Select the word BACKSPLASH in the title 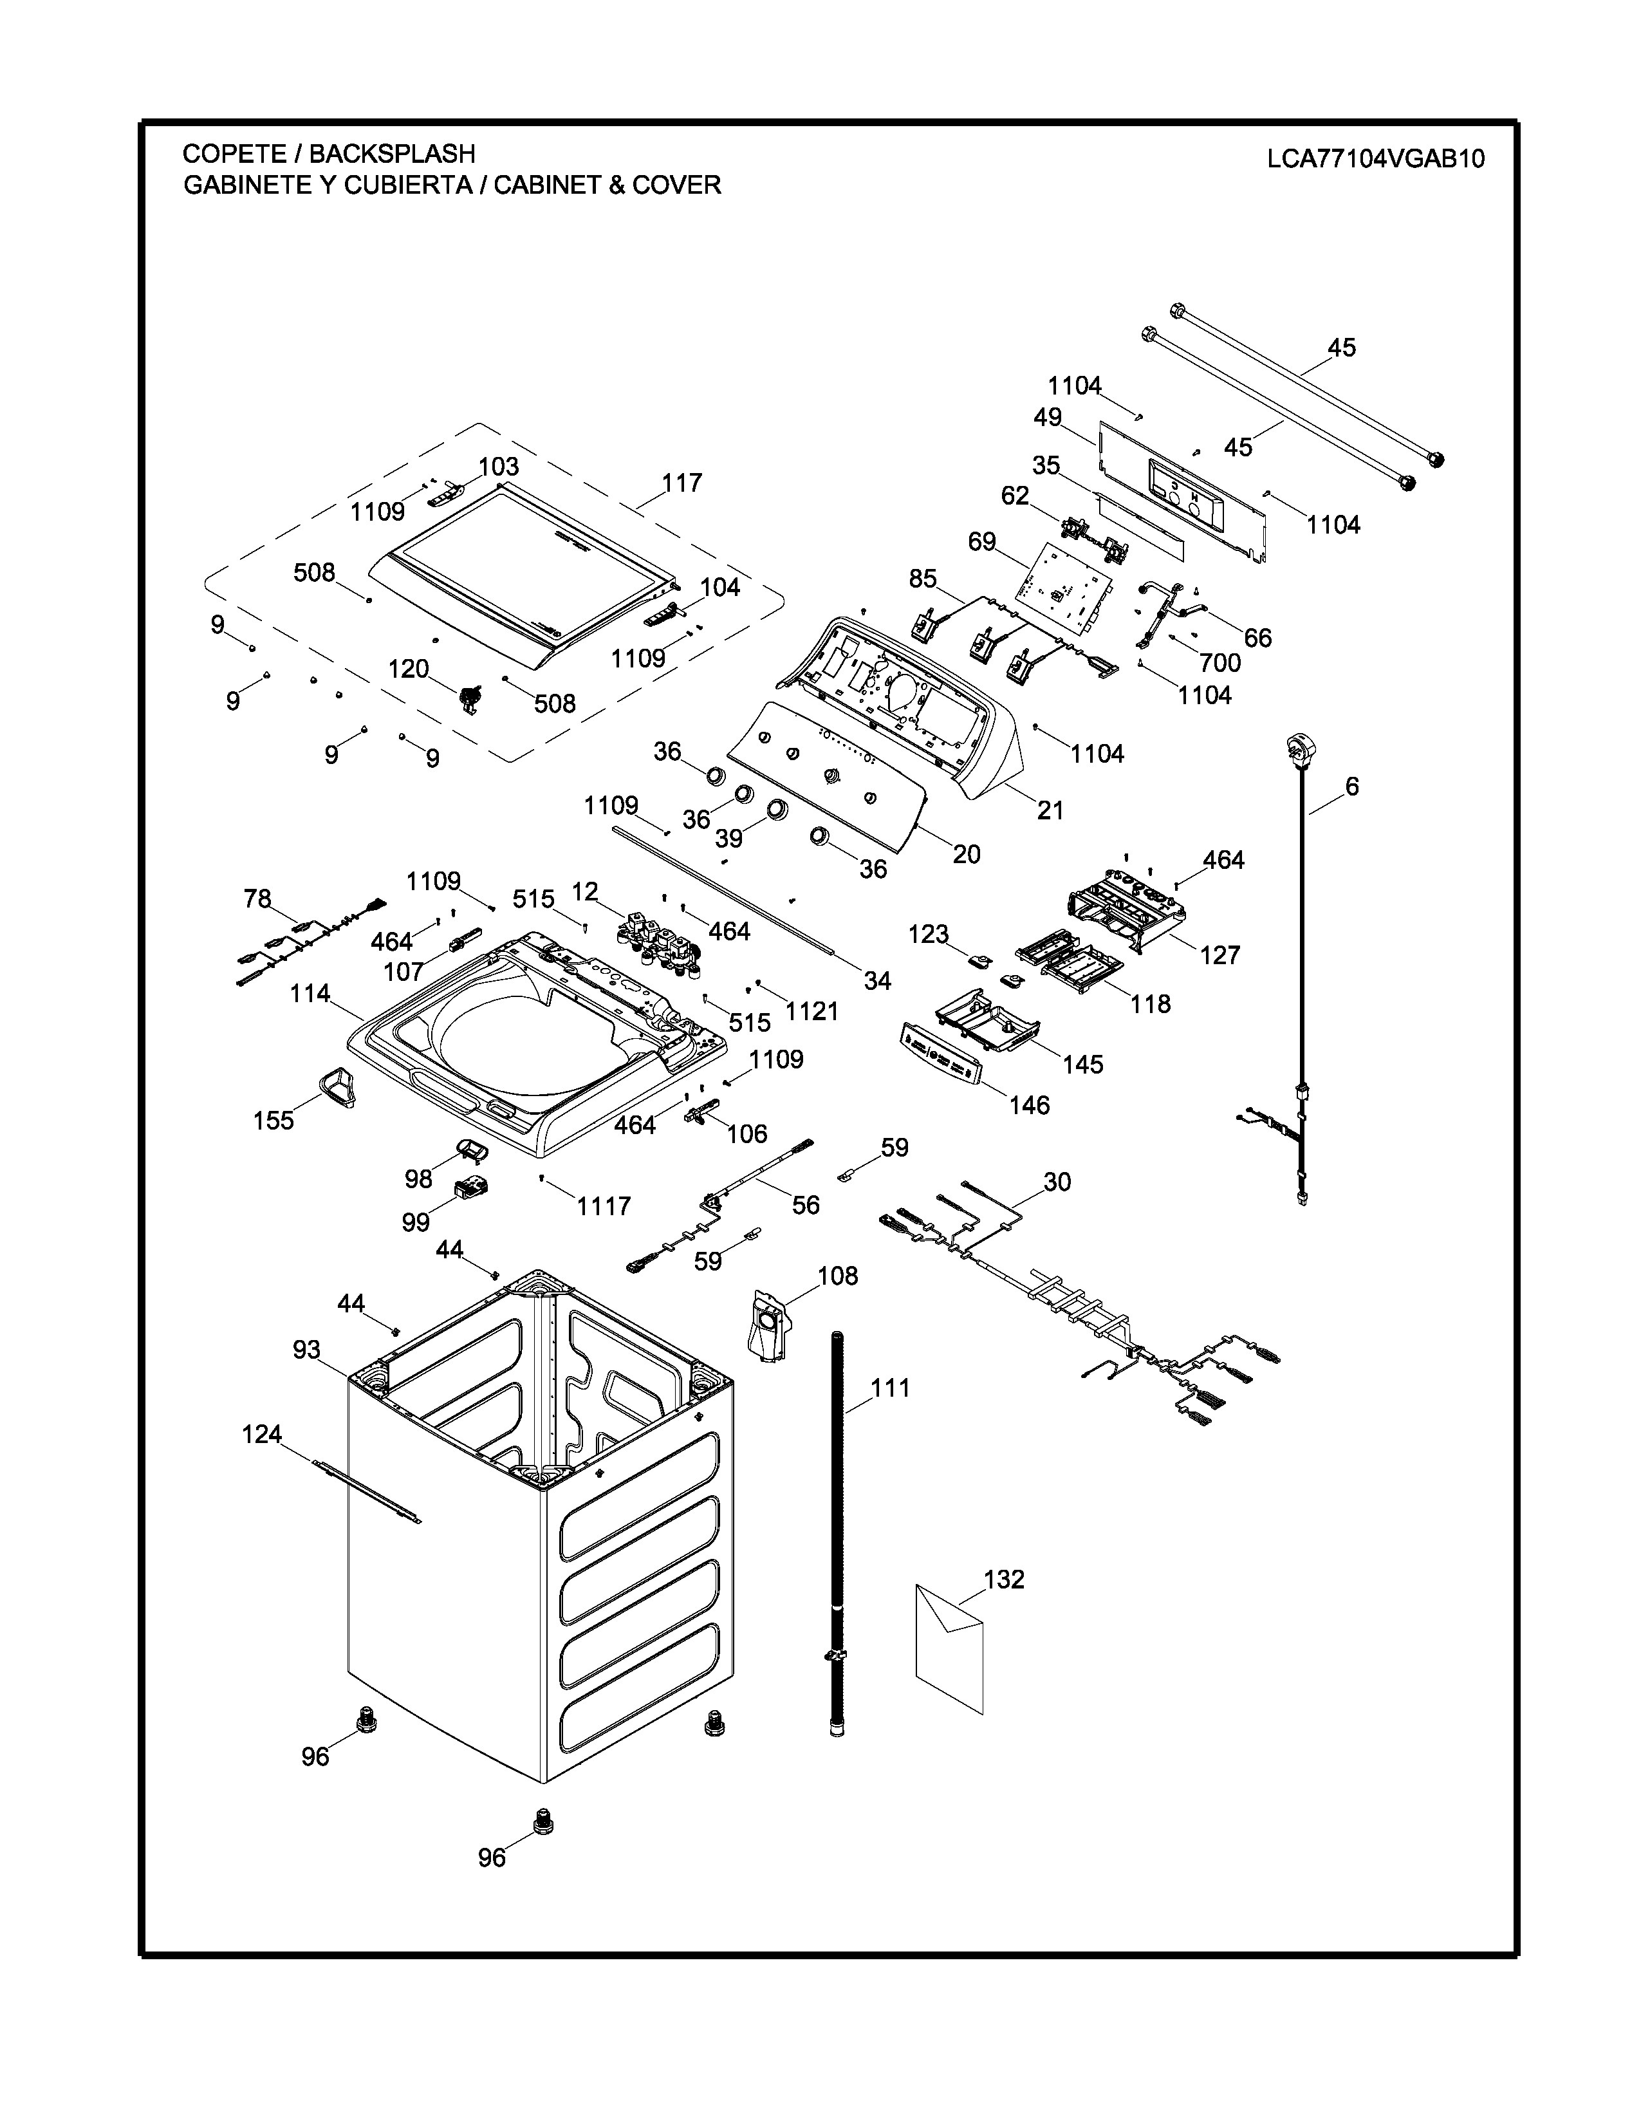pyautogui.click(x=392, y=154)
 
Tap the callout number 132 pyautogui.click(x=1005, y=1579)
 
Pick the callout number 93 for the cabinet pyautogui.click(x=306, y=1350)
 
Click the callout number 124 pyautogui.click(x=261, y=1435)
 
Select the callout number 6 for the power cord pyautogui.click(x=1352, y=786)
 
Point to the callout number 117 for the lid pyautogui.click(x=681, y=483)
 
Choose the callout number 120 pyautogui.click(x=408, y=669)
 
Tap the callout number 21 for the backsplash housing pyautogui.click(x=1050, y=809)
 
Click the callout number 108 pyautogui.click(x=838, y=1276)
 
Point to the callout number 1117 pyautogui.click(x=604, y=1206)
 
